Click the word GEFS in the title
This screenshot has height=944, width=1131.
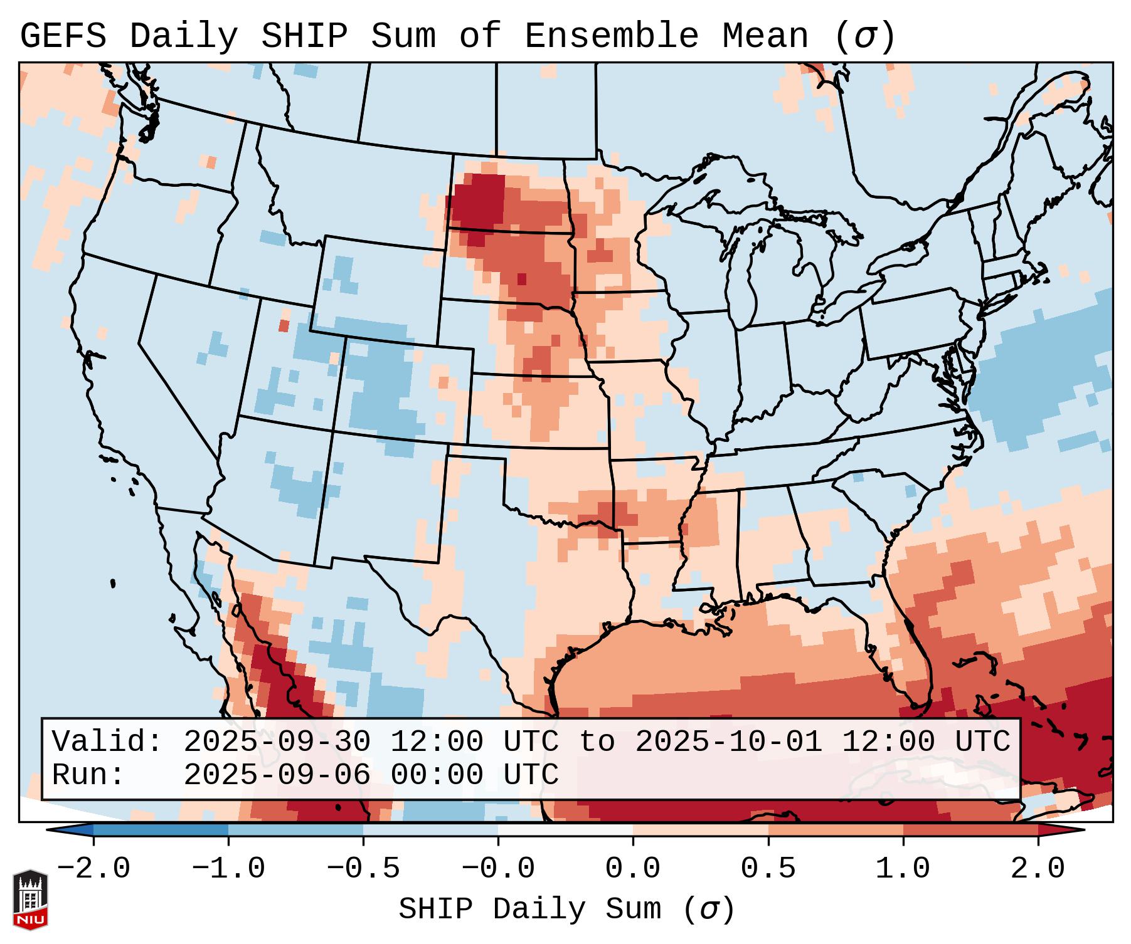click(63, 36)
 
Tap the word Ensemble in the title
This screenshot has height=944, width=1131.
click(612, 36)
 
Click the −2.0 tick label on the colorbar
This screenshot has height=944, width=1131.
click(93, 869)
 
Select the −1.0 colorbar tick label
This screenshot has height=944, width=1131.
click(228, 869)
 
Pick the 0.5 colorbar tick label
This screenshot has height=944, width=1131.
click(768, 869)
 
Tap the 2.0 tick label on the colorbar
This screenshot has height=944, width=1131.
click(1038, 869)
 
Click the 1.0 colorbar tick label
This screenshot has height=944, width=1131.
click(903, 869)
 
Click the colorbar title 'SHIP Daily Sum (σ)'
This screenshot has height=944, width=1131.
click(566, 909)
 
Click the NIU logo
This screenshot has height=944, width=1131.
click(30, 899)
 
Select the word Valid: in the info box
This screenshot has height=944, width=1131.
click(107, 742)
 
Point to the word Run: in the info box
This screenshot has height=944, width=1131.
click(88, 775)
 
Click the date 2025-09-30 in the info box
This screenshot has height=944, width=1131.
click(277, 742)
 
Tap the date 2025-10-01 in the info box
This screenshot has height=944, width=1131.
click(728, 742)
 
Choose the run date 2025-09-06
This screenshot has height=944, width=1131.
click(277, 775)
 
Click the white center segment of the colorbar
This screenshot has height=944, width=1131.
click(565, 830)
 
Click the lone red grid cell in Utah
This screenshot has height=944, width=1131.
click(284, 326)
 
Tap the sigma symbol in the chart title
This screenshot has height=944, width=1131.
click(864, 36)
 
